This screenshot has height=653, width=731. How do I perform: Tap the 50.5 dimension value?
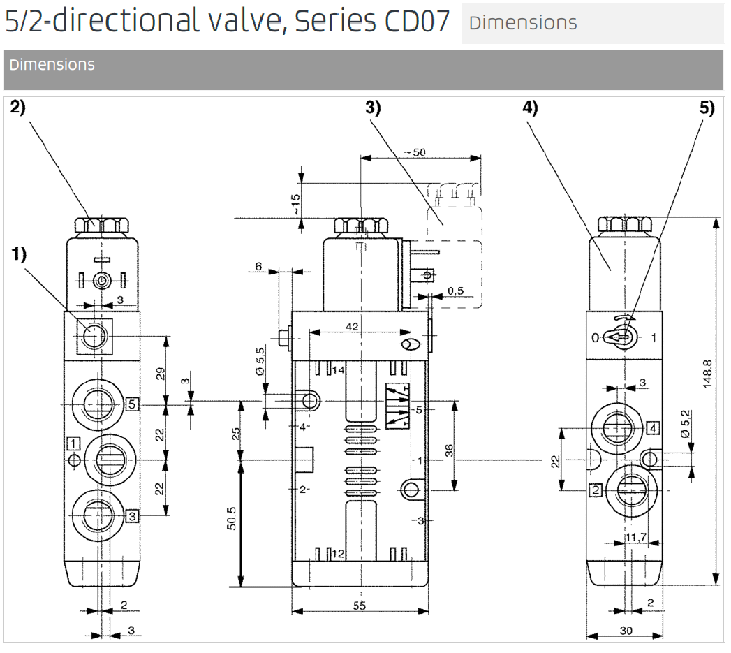(232, 518)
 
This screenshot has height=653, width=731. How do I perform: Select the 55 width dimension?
(360, 606)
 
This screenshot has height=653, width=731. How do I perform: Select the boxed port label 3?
(131, 516)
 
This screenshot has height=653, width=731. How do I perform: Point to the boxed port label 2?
(596, 490)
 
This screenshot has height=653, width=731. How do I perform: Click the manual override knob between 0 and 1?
(622, 337)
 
